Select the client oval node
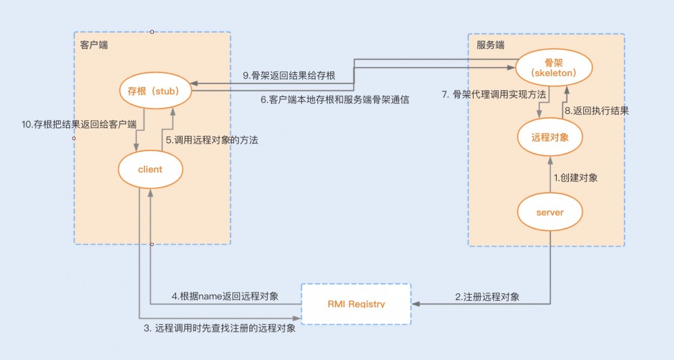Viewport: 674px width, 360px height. click(150, 169)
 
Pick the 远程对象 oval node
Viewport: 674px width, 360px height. click(549, 137)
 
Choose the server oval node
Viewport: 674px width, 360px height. click(549, 212)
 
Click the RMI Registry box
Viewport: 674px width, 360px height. click(356, 304)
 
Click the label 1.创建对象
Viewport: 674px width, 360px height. click(576, 178)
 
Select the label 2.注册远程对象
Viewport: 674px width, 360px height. click(487, 297)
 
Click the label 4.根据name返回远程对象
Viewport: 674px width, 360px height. click(225, 296)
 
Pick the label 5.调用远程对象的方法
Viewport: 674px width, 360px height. click(212, 140)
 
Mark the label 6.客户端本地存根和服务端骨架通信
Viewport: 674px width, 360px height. click(335, 99)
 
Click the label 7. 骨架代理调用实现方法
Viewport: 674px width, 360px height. click(494, 95)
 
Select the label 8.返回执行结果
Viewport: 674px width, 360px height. click(596, 111)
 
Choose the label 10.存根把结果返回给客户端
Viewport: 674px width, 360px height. click(80, 125)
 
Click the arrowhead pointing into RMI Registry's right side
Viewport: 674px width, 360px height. click(415, 304)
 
